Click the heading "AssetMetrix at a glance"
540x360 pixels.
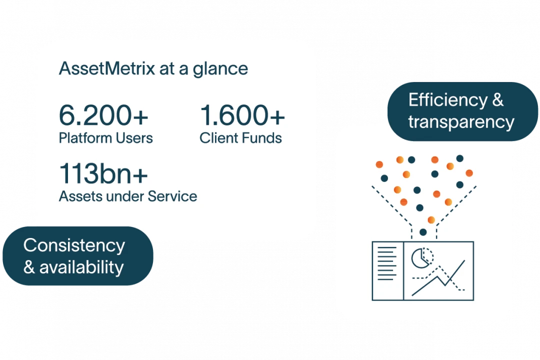153,68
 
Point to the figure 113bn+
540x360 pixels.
103,173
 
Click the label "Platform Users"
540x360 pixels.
105,137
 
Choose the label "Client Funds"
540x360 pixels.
240,137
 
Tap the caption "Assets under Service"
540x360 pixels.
127,196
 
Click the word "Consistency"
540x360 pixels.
74,245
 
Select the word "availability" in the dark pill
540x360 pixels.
81,267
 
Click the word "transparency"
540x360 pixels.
461,121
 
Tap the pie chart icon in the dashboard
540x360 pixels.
421,258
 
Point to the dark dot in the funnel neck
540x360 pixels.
423,232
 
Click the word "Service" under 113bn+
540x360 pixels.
172,196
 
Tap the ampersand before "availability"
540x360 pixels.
29,267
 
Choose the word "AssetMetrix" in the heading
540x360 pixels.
106,68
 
